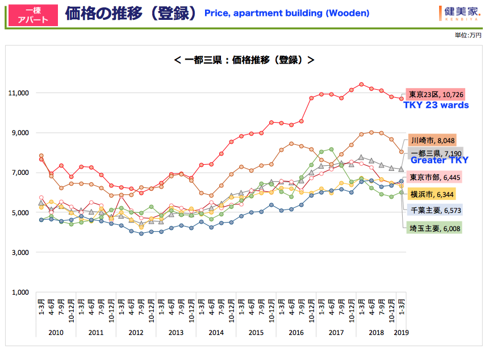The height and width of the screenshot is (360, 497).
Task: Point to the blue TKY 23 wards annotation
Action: click(436, 105)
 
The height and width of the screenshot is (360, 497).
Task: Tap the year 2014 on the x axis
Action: click(216, 332)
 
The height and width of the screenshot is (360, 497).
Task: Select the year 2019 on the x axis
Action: click(401, 332)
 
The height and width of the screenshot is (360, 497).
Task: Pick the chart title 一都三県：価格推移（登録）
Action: click(244, 59)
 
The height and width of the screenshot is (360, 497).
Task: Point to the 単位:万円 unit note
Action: click(467, 35)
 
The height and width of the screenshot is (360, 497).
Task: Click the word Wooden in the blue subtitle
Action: click(347, 13)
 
